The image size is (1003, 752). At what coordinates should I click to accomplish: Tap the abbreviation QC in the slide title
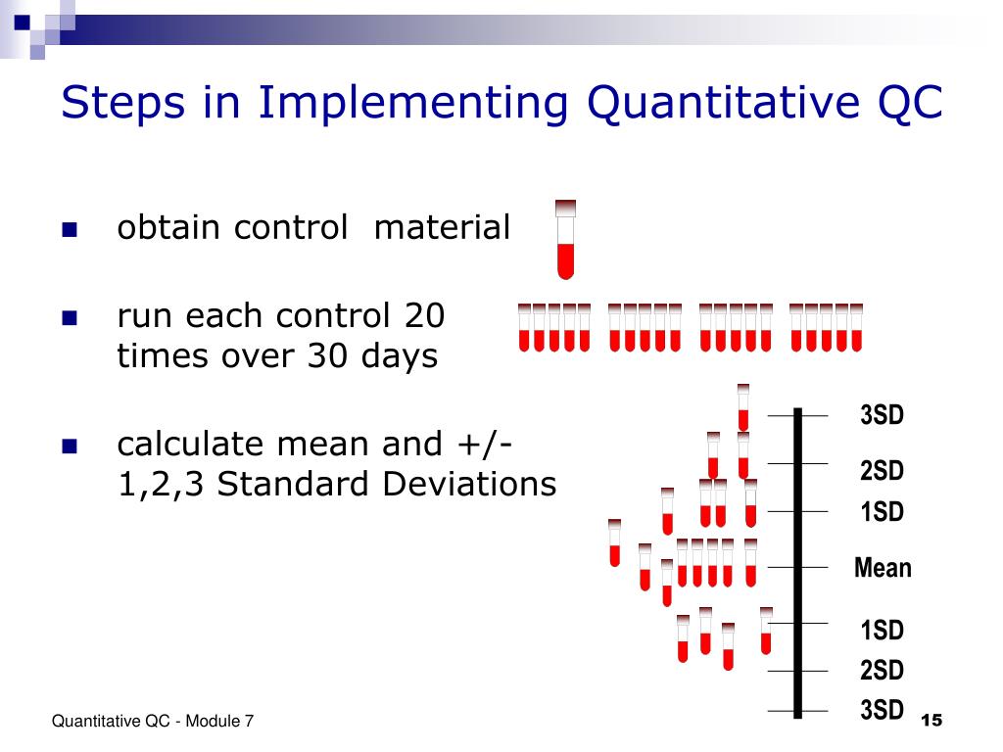tap(907, 103)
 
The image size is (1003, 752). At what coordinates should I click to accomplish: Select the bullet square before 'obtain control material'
tap(69, 232)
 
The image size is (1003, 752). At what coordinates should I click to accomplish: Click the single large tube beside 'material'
tap(565, 239)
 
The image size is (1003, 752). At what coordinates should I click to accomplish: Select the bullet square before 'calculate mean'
tap(69, 447)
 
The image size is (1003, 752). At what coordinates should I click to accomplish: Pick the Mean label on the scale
tap(882, 568)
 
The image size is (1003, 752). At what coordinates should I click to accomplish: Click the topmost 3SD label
tap(882, 415)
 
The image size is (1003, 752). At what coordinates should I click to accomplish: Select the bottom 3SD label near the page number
tap(882, 709)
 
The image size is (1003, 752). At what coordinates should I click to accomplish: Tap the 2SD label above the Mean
tap(882, 471)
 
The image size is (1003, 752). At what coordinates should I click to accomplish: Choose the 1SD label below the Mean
tap(882, 630)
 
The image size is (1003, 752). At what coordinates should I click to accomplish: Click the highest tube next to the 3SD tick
tap(743, 406)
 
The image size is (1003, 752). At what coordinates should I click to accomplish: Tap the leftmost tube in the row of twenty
tap(525, 327)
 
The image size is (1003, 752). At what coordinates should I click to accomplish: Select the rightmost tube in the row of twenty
tap(856, 327)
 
